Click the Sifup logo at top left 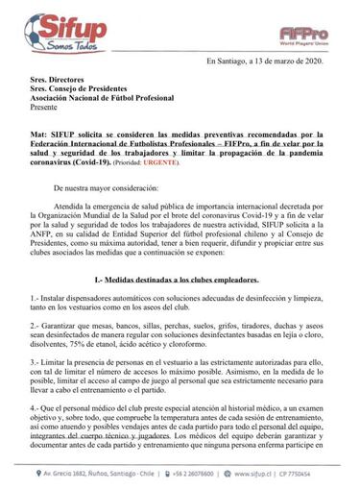point(48,21)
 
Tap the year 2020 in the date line point(314,61)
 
